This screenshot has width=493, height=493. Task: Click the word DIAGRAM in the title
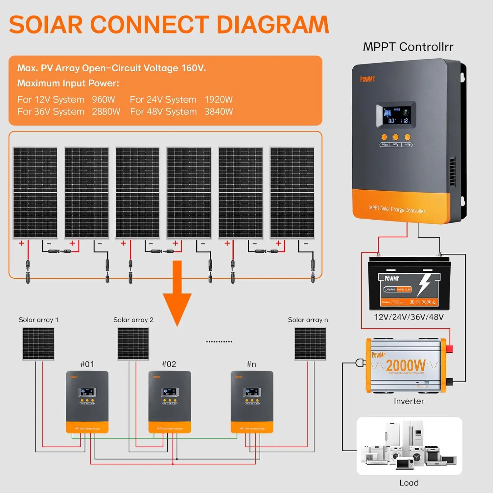point(273,25)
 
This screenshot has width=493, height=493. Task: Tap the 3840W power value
point(219,112)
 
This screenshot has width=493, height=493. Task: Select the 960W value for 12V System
point(103,100)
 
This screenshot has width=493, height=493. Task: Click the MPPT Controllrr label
point(408,47)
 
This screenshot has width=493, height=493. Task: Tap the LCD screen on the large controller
point(396,114)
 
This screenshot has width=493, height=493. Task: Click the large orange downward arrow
point(177,293)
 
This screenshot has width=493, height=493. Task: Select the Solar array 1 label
point(38,320)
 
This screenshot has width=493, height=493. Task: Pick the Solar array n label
point(308,320)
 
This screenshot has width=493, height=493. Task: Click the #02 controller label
point(169,364)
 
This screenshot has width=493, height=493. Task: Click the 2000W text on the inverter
point(406,365)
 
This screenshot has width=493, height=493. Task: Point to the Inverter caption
point(409,401)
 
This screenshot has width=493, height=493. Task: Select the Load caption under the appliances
point(409,483)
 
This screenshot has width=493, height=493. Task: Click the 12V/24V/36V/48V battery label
point(409,317)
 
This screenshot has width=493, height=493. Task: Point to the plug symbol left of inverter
point(361,363)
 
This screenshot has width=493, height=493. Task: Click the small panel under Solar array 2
point(133,344)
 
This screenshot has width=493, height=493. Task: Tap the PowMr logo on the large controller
point(367,79)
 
